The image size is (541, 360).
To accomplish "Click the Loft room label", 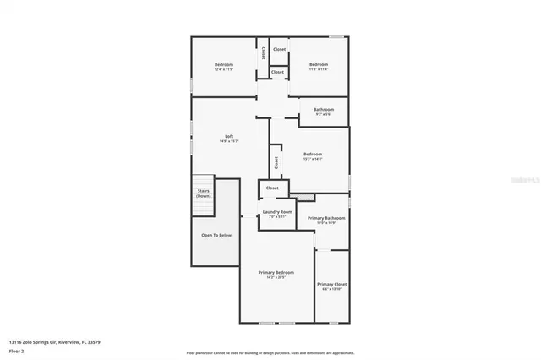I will (x=228, y=136).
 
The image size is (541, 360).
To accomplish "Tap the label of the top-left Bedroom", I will (x=223, y=65).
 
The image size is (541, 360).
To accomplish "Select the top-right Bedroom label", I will (x=318, y=65).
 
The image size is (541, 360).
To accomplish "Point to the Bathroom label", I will (x=324, y=110).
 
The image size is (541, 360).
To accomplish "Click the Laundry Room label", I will (x=277, y=212).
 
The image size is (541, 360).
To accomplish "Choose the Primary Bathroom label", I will (x=327, y=218).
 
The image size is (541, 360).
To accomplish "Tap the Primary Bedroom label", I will (x=276, y=273).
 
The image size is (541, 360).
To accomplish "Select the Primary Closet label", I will (x=331, y=285).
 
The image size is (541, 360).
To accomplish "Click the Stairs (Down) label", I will (x=203, y=194).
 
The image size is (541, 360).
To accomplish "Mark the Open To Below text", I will (x=217, y=235).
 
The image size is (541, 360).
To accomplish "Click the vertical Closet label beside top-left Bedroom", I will (x=263, y=52).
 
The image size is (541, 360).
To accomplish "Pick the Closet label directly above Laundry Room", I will (x=272, y=188).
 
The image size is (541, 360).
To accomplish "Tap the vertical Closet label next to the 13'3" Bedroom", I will (x=276, y=160).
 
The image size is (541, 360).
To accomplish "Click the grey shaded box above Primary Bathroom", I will (x=305, y=197).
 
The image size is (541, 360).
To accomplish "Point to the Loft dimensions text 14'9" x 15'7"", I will (x=228, y=142).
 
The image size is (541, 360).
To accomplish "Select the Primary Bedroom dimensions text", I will (x=276, y=278).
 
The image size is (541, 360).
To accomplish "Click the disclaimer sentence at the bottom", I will (x=270, y=352).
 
